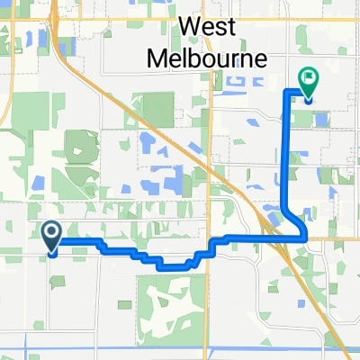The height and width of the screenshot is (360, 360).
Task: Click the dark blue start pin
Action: click(51, 236)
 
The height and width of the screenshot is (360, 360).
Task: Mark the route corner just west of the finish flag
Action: click(288, 92)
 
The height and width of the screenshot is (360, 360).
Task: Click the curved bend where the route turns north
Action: click(292, 221)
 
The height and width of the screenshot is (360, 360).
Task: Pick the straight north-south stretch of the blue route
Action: click(287, 153)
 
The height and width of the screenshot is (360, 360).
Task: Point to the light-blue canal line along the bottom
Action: click(180, 336)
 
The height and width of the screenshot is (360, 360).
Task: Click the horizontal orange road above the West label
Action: click(180, 16)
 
